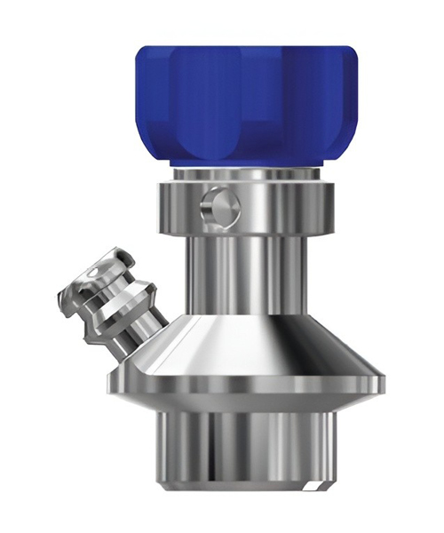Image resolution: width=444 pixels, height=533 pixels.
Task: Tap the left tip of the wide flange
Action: click(x=112, y=382)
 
